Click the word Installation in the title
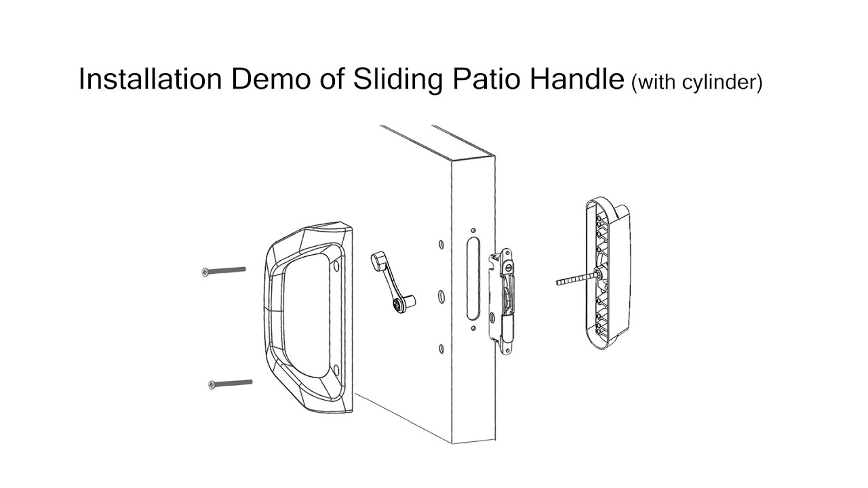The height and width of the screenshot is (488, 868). click(151, 80)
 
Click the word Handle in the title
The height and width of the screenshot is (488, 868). click(578, 80)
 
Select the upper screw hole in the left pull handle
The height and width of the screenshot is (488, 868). click(336, 266)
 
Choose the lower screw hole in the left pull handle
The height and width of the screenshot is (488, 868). click(336, 370)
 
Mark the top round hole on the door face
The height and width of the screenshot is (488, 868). click(441, 244)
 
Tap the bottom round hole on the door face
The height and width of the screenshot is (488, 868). click(441, 348)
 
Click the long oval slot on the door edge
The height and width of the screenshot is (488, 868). click(472, 278)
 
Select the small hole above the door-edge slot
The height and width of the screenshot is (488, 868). click(473, 230)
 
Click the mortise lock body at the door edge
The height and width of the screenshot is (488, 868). click(505, 295)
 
